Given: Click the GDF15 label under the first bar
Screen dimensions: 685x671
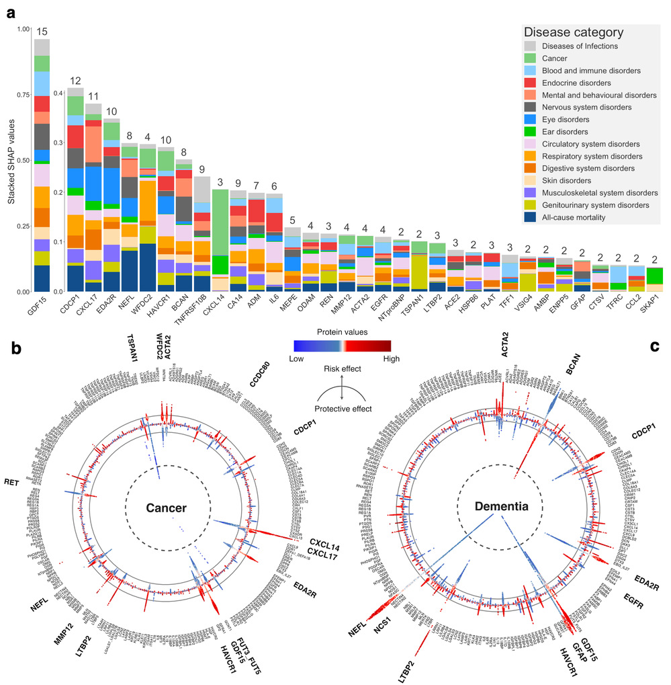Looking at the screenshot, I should [x=42, y=307].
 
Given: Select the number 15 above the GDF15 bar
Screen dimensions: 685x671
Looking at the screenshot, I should [x=42, y=32].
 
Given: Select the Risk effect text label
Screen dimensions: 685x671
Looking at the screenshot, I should [x=342, y=368].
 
